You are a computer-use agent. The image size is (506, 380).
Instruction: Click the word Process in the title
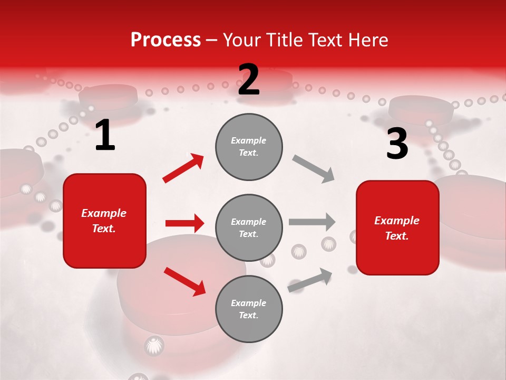pyautogui.click(x=166, y=40)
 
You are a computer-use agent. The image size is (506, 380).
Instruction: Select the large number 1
pyautogui.click(x=105, y=136)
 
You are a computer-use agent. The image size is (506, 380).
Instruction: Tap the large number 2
pyautogui.click(x=249, y=80)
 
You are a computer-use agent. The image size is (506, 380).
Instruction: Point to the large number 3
pyautogui.click(x=397, y=144)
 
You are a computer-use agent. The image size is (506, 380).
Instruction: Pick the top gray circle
pyautogui.click(x=249, y=147)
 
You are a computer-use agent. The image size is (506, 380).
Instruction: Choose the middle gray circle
pyautogui.click(x=249, y=227)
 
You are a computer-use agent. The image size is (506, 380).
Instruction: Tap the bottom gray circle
pyautogui.click(x=249, y=309)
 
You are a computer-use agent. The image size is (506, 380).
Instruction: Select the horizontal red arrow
pyautogui.click(x=184, y=223)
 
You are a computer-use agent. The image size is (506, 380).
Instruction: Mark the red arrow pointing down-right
pyautogui.click(x=184, y=281)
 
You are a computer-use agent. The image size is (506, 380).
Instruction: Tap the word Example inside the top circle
pyautogui.click(x=249, y=141)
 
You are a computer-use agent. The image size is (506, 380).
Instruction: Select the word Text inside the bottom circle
pyautogui.click(x=248, y=315)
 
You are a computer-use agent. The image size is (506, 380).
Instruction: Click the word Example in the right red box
pyautogui.click(x=397, y=221)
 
